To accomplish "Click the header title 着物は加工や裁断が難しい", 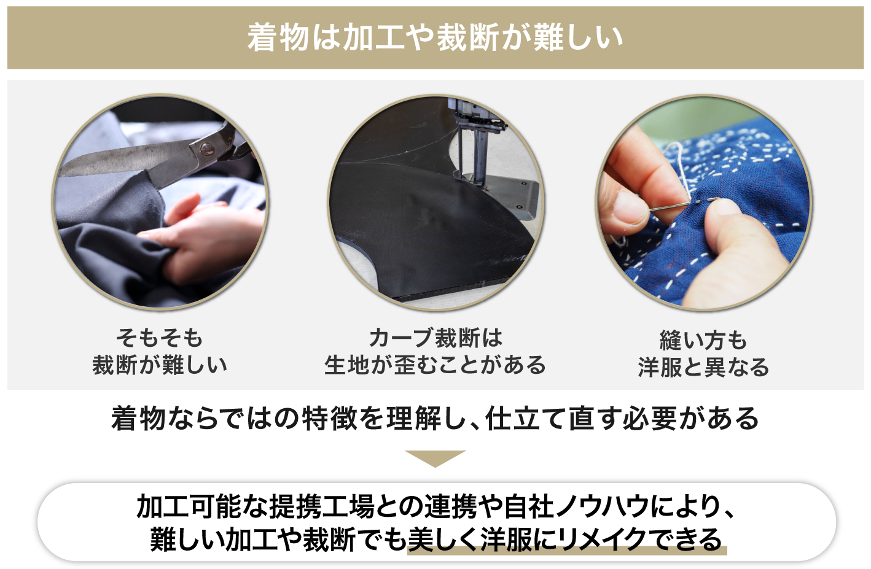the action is [x=435, y=37].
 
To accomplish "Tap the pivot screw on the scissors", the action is [x=206, y=148].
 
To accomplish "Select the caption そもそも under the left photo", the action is [x=160, y=338].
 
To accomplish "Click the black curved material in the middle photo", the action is [x=428, y=230].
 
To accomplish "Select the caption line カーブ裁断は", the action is [x=436, y=338].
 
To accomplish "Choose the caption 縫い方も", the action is [x=703, y=340].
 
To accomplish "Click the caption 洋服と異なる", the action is [x=703, y=367].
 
